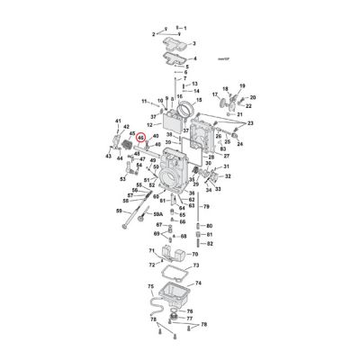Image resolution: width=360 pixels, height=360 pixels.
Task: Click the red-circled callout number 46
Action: click(141, 138)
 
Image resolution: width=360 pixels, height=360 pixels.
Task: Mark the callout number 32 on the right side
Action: click(228, 177)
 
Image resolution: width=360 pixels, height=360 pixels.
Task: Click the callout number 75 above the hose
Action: click(150, 285)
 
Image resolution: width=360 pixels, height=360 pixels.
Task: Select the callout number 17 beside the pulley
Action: click(214, 93)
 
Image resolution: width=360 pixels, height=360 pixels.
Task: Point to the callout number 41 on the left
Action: click(117, 121)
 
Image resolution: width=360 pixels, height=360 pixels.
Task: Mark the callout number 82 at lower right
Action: click(210, 243)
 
